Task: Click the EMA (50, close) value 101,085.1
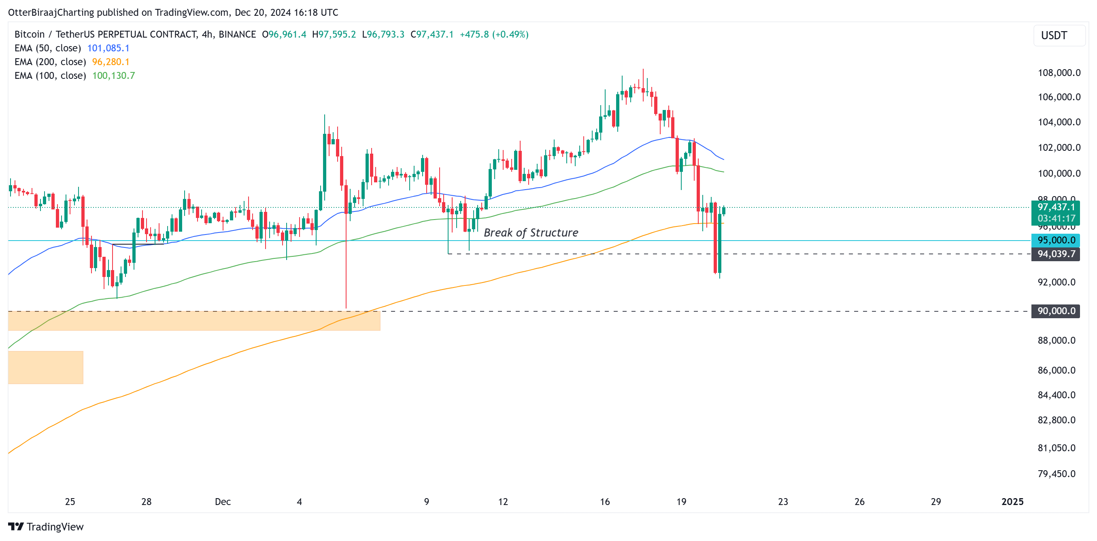point(108,48)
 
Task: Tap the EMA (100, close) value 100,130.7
point(113,75)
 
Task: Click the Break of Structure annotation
point(531,232)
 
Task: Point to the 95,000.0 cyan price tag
point(1055,240)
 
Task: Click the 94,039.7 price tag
point(1055,254)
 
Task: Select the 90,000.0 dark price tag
point(1055,311)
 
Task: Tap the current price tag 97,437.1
point(1055,207)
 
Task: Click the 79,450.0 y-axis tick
point(1056,473)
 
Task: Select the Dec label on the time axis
point(223,501)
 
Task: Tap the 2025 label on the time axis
point(1012,501)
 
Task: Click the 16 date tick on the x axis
point(605,501)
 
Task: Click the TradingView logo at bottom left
point(46,526)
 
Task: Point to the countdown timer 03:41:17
point(1056,218)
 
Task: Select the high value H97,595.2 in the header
point(334,34)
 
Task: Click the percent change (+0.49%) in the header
point(510,34)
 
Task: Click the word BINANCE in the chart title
point(237,34)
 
